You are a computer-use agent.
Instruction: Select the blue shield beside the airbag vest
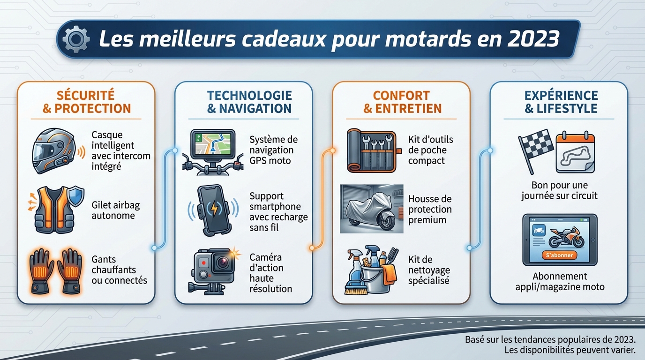click(x=75, y=195)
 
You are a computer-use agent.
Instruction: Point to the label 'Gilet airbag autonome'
click(x=116, y=210)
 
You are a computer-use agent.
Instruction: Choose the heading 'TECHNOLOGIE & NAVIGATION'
click(x=249, y=102)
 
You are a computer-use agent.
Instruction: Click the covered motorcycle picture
click(x=371, y=209)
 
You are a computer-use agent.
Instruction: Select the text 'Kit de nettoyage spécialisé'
click(x=428, y=270)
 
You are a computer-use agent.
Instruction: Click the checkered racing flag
click(x=535, y=149)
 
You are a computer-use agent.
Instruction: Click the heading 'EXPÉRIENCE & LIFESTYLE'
click(x=561, y=102)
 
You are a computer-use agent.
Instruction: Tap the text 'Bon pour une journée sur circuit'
click(x=559, y=190)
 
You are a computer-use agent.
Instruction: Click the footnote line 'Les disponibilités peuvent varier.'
click(x=570, y=350)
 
